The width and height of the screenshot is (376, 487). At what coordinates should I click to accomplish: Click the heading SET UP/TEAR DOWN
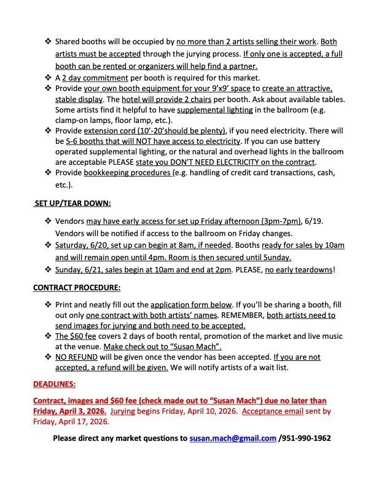(72, 204)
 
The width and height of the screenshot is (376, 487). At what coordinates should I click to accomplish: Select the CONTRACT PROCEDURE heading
(76, 287)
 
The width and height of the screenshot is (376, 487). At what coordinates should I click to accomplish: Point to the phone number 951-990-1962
(307, 438)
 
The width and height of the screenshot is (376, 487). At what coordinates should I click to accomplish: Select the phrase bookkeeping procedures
(125, 173)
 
